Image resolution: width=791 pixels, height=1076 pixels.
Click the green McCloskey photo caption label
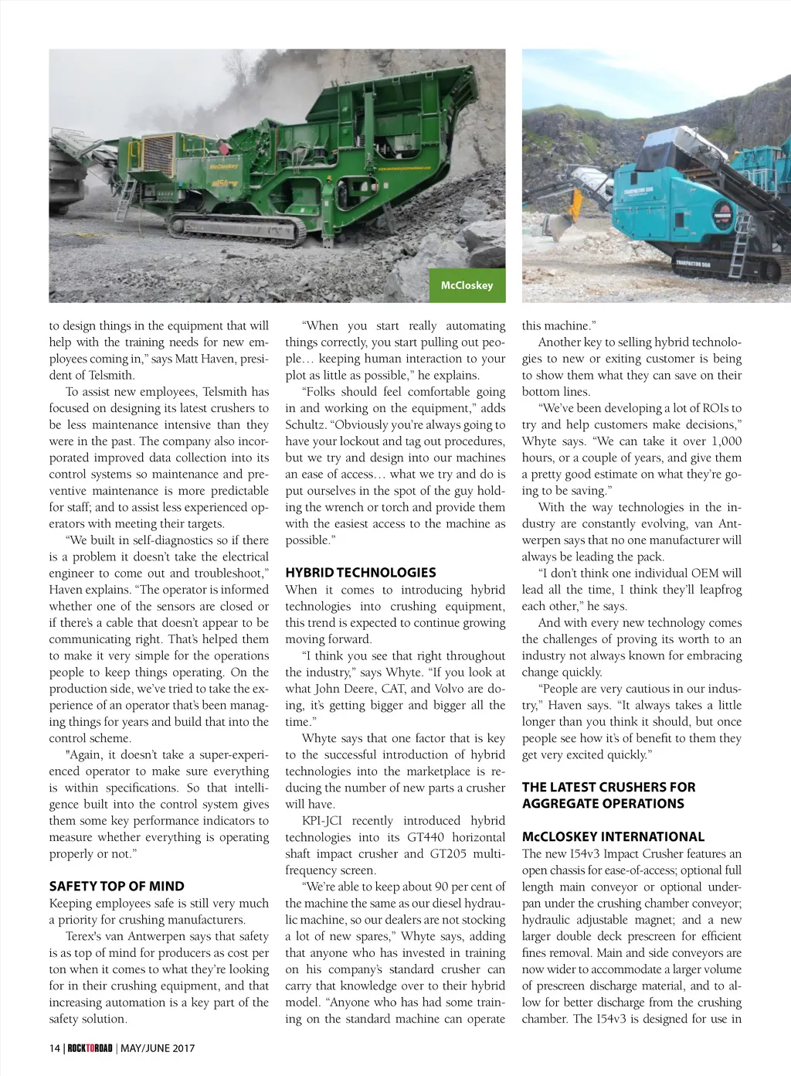[467, 285]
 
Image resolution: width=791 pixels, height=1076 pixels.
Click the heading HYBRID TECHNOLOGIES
[360, 573]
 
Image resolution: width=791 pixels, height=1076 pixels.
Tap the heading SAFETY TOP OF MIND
[117, 887]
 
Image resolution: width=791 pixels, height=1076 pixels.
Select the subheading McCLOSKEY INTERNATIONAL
[613, 836]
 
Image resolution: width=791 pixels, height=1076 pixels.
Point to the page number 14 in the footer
[54, 1048]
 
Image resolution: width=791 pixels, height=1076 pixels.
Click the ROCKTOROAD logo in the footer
[90, 1048]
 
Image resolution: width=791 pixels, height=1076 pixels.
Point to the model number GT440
[426, 837]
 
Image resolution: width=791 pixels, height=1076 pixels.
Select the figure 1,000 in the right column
[725, 441]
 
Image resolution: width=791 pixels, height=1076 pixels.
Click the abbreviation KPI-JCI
[322, 821]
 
